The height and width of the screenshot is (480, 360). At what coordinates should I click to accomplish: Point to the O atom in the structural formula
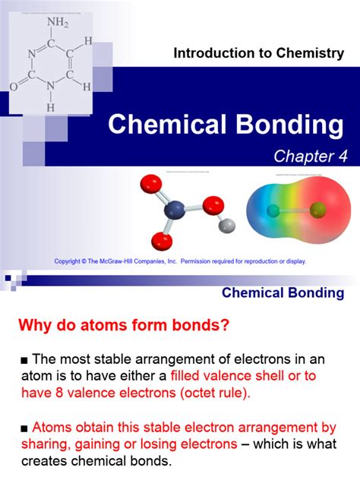click(x=13, y=87)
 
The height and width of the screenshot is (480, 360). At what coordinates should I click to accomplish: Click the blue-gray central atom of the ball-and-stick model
click(x=173, y=207)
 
